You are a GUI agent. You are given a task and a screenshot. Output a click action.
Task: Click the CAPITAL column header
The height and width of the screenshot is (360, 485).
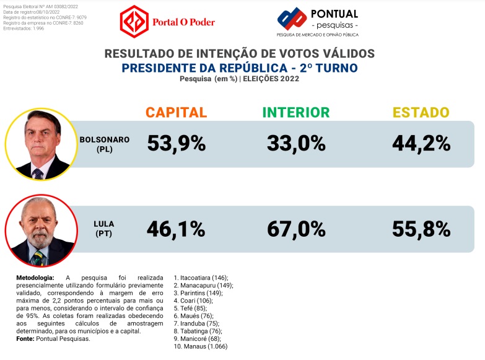[176, 112]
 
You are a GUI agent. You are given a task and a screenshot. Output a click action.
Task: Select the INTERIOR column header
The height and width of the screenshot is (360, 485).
[296, 112]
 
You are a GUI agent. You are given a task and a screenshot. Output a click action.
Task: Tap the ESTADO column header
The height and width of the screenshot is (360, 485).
[421, 112]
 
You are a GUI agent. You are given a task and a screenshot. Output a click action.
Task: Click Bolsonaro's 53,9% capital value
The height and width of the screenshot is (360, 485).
[176, 144]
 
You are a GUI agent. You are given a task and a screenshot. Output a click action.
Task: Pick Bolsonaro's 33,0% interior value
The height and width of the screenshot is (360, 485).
[296, 144]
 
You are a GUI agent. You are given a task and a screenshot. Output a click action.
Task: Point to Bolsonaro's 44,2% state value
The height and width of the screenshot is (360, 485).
[421, 144]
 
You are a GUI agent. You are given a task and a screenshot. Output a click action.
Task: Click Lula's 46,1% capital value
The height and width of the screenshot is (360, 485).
[176, 229]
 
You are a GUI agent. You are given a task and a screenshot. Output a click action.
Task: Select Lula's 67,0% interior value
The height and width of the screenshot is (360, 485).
[296, 229]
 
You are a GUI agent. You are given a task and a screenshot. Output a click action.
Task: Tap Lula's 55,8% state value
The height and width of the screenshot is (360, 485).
[421, 229]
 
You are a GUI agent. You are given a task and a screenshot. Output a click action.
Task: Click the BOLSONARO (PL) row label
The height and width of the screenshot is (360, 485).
[104, 144]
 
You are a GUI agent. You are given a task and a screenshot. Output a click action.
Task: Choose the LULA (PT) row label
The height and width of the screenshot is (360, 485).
[104, 228]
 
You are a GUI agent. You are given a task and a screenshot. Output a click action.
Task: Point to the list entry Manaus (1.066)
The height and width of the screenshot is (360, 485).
[201, 346]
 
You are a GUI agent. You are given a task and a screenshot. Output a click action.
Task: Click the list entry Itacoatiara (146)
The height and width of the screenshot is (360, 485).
[201, 278]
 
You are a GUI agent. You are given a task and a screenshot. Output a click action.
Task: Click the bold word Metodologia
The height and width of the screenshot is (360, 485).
[35, 278]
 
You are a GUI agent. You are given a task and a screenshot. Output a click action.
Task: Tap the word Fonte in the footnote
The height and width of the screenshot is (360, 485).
[25, 338]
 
